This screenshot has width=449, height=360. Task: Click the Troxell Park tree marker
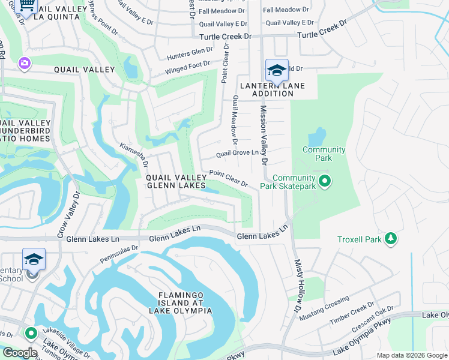[391, 239]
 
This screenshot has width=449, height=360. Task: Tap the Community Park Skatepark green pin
[325, 181]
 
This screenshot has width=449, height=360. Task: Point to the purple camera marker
[25, 63]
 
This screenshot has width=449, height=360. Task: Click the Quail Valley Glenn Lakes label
[176, 182]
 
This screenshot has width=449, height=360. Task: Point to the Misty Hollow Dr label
[298, 286]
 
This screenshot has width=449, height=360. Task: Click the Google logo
[19, 353]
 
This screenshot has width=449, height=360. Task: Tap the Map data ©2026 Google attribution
[412, 355]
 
